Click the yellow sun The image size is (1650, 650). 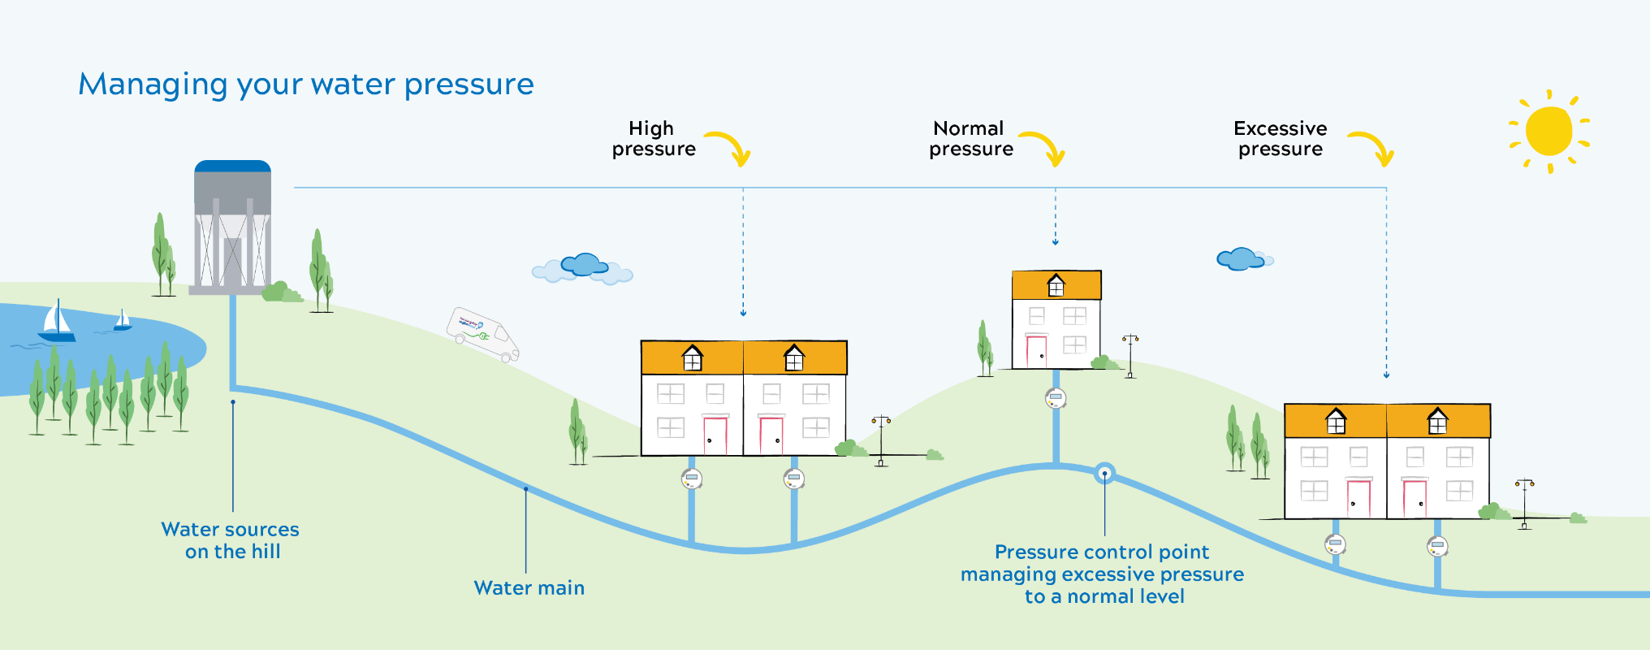point(1548,131)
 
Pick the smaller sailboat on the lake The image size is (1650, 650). point(123,320)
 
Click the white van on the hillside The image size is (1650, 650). point(482,333)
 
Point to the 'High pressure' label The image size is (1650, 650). point(654,139)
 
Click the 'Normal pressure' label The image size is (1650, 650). point(971,139)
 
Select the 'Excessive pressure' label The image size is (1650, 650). point(1281,139)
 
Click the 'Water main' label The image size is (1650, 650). point(529,588)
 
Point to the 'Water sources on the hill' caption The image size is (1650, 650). point(231,540)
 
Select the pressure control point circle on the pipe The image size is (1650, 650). point(1104,474)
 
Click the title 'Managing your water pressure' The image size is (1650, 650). point(306,84)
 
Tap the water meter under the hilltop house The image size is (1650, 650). point(1056,398)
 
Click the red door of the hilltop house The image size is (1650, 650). point(1036,351)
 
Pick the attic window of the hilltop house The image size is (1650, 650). point(1056,286)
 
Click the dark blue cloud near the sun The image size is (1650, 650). point(1241,259)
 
